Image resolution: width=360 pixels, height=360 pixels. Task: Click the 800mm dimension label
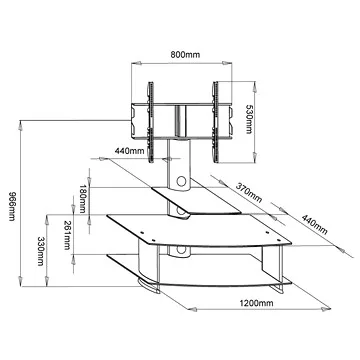(x=185, y=55)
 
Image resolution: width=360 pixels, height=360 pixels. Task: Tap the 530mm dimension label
(x=249, y=119)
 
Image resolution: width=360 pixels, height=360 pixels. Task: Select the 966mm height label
(x=12, y=207)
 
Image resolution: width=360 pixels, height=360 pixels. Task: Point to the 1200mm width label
(x=256, y=303)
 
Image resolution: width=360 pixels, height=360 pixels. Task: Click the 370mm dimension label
(x=249, y=193)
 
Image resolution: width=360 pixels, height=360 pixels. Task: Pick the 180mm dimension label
(x=82, y=199)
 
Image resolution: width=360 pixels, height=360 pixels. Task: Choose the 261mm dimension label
(x=67, y=235)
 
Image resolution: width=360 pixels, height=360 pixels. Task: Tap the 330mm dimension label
(x=41, y=251)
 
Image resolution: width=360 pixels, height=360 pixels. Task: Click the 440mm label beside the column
(x=130, y=151)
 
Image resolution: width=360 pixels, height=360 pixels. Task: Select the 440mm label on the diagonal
(x=314, y=224)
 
